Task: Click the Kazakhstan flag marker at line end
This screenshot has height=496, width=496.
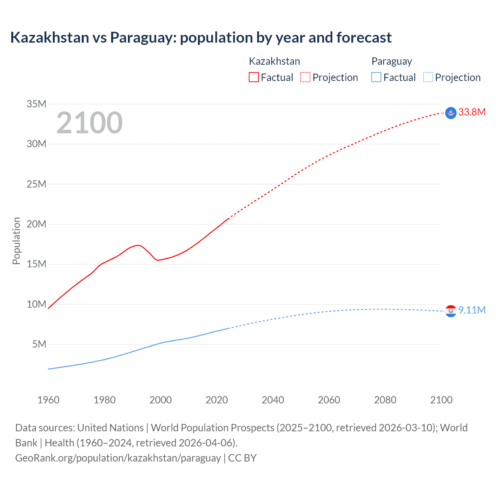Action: (451, 113)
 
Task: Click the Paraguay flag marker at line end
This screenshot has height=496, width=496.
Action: (451, 311)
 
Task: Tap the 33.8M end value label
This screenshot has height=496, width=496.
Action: (472, 112)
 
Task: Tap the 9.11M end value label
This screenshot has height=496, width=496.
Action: (472, 310)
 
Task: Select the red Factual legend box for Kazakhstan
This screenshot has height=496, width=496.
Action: (253, 77)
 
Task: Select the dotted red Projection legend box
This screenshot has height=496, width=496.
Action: (305, 77)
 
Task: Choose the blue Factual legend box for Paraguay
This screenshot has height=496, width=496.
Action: (376, 77)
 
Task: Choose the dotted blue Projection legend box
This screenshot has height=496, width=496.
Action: (428, 77)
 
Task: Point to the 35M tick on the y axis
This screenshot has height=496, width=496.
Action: (36, 104)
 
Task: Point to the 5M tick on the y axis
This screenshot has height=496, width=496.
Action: (39, 344)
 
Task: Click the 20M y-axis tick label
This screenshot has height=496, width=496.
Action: (36, 224)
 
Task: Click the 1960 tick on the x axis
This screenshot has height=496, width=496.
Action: (48, 400)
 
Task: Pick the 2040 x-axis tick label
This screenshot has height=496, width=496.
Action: (273, 400)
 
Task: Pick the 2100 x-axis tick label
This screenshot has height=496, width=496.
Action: (441, 400)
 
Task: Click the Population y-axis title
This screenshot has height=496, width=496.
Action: (16, 241)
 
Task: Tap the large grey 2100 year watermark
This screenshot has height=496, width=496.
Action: (90, 123)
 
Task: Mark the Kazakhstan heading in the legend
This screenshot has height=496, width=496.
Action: (274, 61)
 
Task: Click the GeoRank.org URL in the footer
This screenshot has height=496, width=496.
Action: (118, 458)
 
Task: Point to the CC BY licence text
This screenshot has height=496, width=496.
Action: (242, 458)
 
